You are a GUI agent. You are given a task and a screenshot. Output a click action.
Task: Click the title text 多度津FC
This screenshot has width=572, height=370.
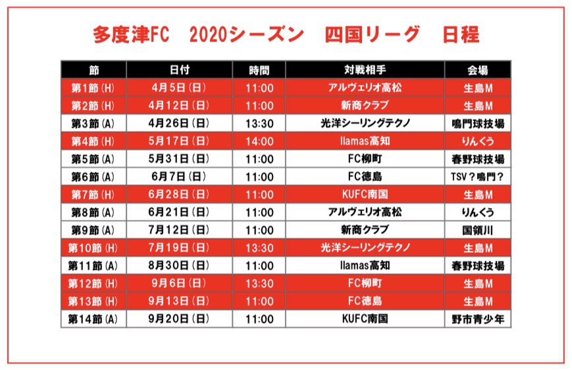(132, 36)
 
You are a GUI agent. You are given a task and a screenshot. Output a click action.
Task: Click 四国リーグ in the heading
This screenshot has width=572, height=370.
(372, 36)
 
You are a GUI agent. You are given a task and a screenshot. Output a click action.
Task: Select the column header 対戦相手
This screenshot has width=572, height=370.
(365, 70)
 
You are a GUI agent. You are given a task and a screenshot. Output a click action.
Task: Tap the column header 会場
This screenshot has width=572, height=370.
(478, 70)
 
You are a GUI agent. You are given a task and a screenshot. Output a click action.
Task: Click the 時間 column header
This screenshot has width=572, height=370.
(259, 70)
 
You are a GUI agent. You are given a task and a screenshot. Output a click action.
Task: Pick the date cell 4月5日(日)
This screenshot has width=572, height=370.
(180, 88)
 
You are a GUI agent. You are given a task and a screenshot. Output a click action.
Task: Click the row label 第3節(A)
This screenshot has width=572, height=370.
(93, 123)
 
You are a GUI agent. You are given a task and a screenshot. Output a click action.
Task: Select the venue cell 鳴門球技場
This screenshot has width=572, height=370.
(478, 123)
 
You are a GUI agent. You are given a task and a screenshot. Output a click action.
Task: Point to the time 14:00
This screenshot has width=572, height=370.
(259, 141)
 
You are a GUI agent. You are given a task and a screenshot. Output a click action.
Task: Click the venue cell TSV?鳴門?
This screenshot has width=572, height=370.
(478, 176)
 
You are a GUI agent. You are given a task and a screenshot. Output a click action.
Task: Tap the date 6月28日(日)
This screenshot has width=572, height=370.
(180, 194)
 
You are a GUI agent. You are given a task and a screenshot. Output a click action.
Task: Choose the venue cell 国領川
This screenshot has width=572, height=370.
(478, 230)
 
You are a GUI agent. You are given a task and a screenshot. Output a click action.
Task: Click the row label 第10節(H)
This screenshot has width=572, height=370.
(93, 248)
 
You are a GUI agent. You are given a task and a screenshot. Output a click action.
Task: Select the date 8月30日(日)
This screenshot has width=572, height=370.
(180, 265)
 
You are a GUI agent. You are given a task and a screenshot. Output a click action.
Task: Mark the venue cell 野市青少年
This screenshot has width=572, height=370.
(478, 319)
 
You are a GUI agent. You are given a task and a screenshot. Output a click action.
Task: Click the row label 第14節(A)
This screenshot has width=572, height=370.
(93, 319)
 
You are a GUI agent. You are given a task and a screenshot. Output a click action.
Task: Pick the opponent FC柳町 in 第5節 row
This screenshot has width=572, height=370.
(365, 159)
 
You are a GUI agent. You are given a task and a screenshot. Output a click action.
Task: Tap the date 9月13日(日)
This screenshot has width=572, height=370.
(180, 301)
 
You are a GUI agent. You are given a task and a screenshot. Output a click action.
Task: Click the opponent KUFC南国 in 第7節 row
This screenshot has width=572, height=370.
(365, 194)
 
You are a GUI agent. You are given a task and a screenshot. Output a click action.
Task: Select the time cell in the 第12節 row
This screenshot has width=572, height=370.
(259, 283)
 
